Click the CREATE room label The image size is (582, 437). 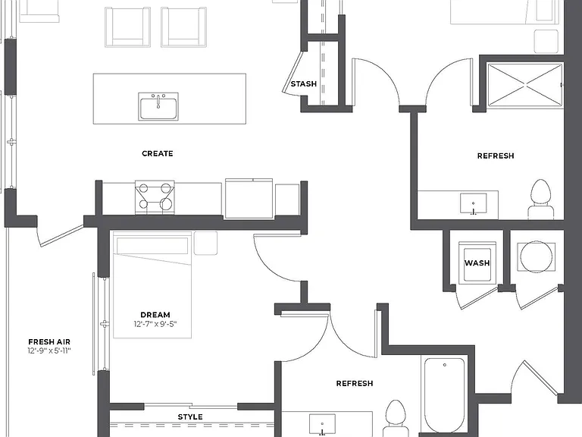[x=158, y=153]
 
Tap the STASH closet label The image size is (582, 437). [x=304, y=84]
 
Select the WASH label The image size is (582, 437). [x=477, y=263]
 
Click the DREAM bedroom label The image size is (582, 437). [x=155, y=315]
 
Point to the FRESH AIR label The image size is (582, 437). [x=49, y=342]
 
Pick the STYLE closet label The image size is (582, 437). [x=190, y=417]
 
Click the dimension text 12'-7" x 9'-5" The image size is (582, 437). [x=155, y=324]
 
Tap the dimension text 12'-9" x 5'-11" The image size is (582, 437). [x=49, y=351]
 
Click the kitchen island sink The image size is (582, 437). [x=158, y=107]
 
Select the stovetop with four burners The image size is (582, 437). [x=155, y=197]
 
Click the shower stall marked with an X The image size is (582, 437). [x=525, y=85]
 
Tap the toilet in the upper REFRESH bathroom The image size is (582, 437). [x=541, y=200]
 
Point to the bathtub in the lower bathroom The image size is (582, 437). [x=444, y=395]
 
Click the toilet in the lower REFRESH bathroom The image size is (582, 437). [x=396, y=418]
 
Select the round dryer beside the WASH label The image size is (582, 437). [x=536, y=256]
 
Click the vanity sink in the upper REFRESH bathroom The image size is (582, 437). [x=473, y=203]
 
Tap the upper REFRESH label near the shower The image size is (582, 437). [x=496, y=156]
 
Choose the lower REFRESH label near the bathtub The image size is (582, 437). [x=355, y=383]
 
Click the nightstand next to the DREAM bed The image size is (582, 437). [x=205, y=244]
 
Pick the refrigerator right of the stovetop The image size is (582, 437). [x=249, y=198]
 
